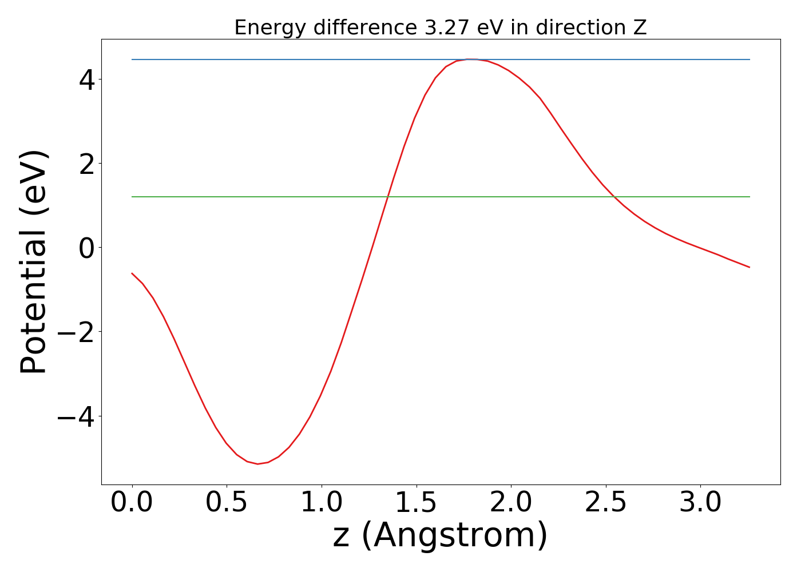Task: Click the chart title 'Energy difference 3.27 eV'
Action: click(x=440, y=27)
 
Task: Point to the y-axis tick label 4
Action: click(x=88, y=80)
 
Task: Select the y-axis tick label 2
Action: click(x=88, y=164)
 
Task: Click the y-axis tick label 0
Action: click(x=88, y=248)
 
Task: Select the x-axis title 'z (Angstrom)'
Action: click(x=440, y=536)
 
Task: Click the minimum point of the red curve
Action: click(x=257, y=464)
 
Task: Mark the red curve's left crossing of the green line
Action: click(x=388, y=197)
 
